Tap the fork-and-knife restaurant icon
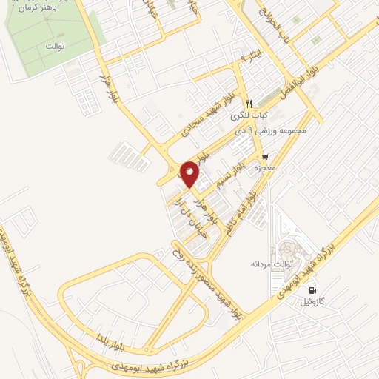pos(250,104)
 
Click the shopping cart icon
pos(265,157)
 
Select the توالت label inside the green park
pos(56,47)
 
